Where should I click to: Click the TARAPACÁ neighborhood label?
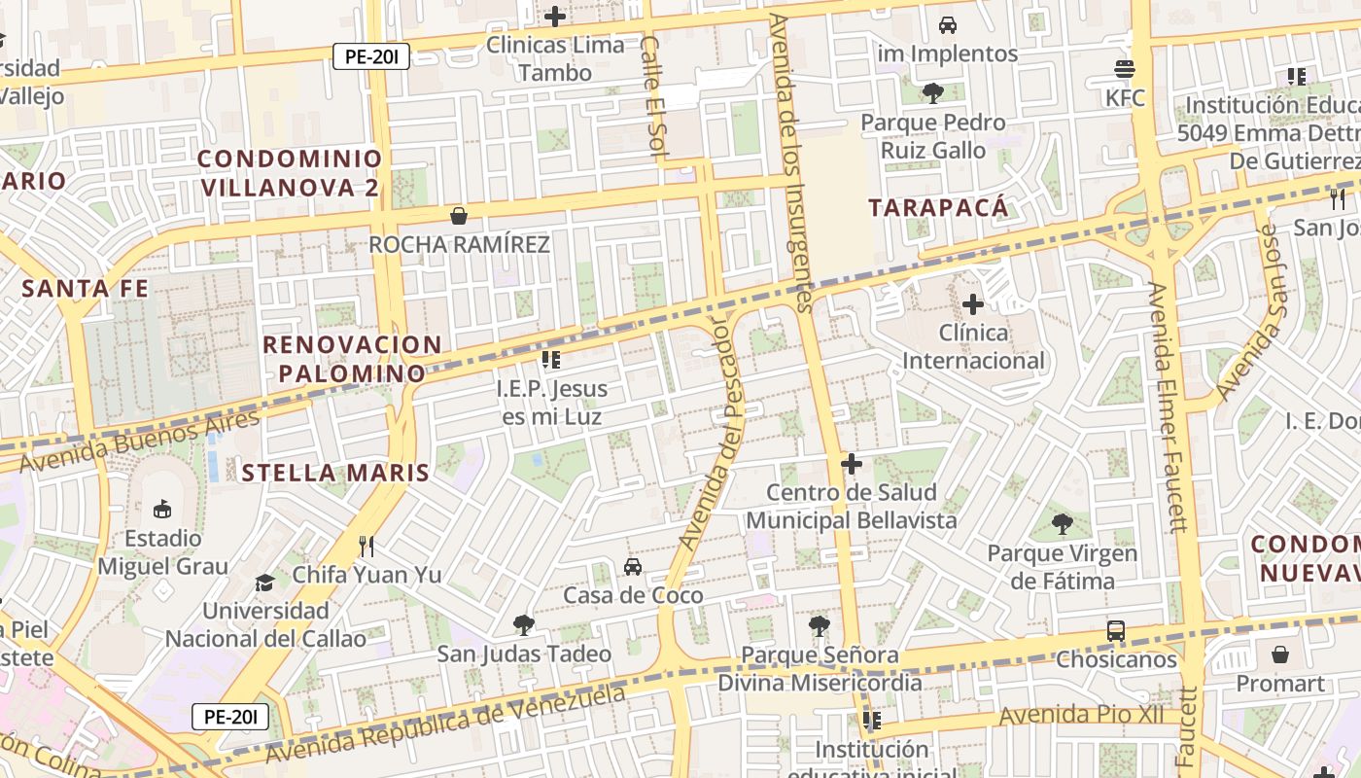[x=938, y=207]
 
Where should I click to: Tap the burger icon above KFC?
[x=1125, y=70]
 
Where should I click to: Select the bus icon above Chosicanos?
[x=1116, y=631]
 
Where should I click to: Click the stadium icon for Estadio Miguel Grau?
[x=162, y=509]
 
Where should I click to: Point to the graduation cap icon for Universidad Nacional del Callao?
[x=264, y=583]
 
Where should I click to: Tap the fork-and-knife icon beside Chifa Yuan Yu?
[x=366, y=546]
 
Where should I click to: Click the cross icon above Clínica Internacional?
[x=972, y=305]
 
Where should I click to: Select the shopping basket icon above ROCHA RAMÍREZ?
[x=458, y=216]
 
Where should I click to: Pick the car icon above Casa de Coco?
[x=633, y=566]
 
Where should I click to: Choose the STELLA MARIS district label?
[x=334, y=474]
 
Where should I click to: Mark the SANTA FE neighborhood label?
[x=86, y=289]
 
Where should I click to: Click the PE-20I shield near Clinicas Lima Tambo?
[x=371, y=56]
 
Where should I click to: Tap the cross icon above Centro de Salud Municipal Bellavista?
[x=852, y=464]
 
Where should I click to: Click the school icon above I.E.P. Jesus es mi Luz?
[x=551, y=360]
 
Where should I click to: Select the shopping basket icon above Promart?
[x=1280, y=654]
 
